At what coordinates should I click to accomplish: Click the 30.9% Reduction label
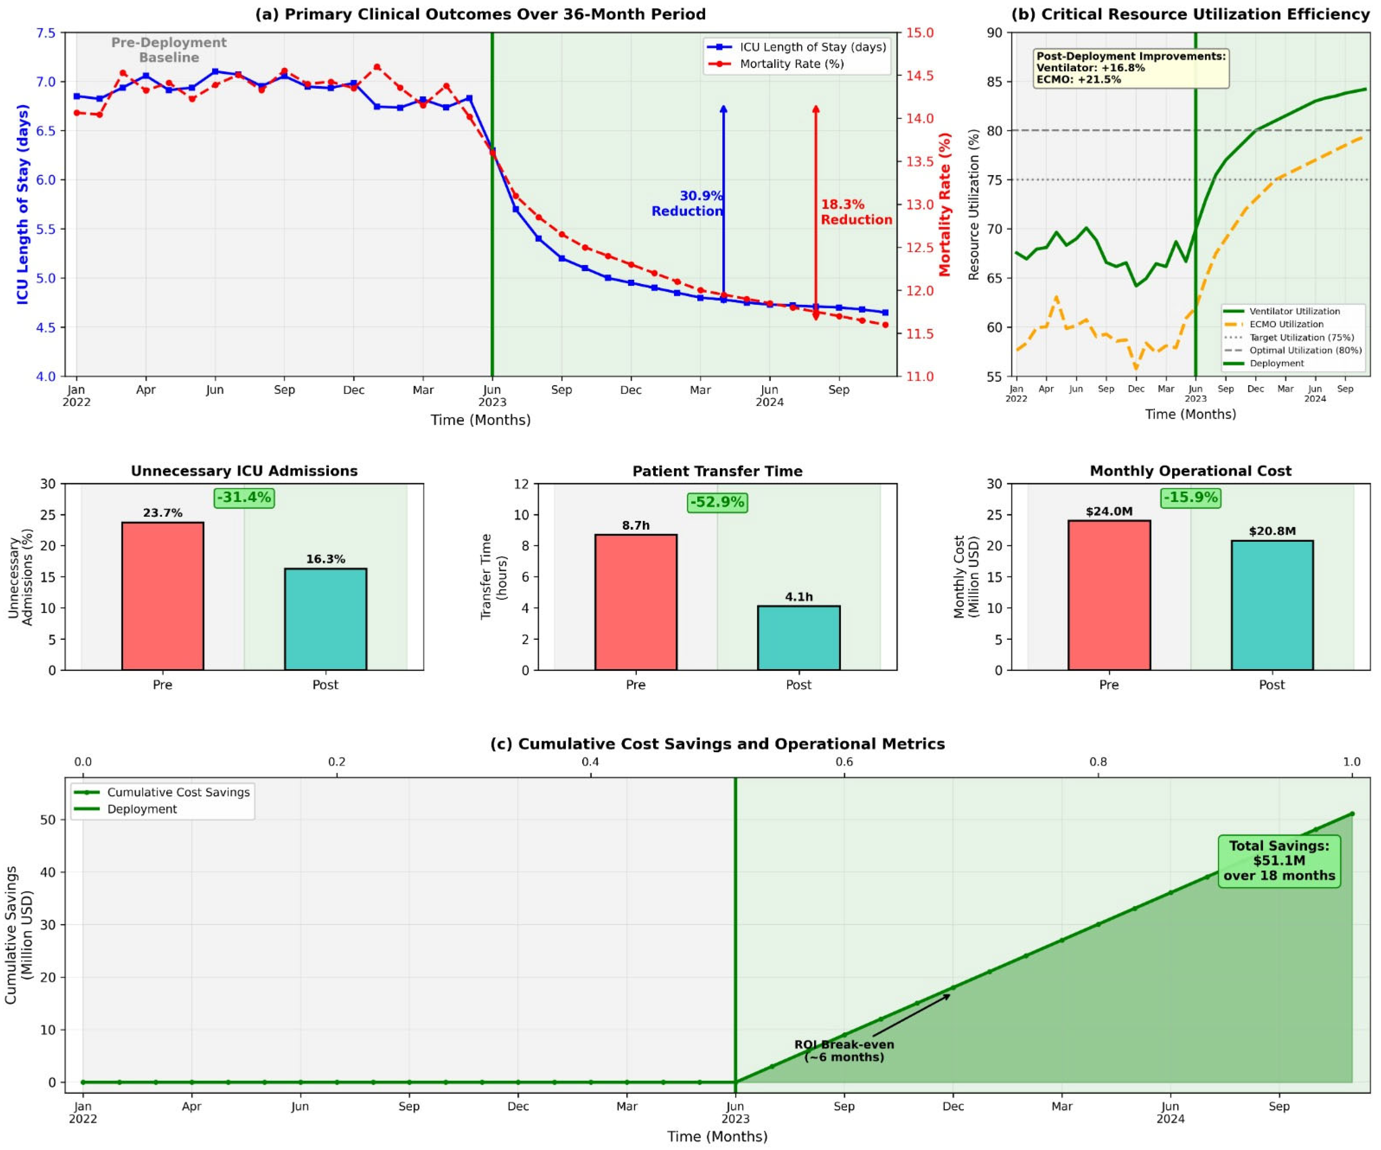tap(687, 203)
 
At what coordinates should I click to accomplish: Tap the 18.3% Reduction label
tap(856, 212)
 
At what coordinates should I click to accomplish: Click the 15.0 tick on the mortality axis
tap(921, 33)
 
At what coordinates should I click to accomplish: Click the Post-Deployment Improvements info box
tap(1131, 68)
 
